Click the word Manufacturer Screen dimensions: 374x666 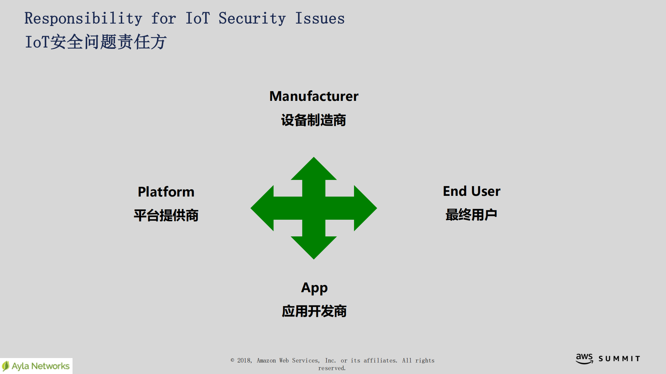pyautogui.click(x=314, y=96)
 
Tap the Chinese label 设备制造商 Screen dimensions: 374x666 pyautogui.click(x=313, y=120)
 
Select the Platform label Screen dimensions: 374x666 pyautogui.click(x=166, y=192)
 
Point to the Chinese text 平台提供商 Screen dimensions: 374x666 pyautogui.click(x=166, y=216)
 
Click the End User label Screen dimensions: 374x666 pyautogui.click(x=471, y=191)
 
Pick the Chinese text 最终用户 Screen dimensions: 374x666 pyautogui.click(x=471, y=215)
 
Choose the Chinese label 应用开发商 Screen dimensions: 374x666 pyautogui.click(x=314, y=311)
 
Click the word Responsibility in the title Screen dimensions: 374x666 pyautogui.click(x=83, y=19)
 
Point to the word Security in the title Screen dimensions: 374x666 pyautogui.click(x=252, y=19)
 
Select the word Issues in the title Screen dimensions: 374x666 pyautogui.click(x=320, y=19)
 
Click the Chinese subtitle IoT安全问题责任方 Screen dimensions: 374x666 pyautogui.click(x=96, y=42)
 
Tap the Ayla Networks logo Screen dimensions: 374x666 pyautogui.click(x=36, y=366)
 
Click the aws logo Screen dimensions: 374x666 pyautogui.click(x=584, y=359)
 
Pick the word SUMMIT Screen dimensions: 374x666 pyautogui.click(x=619, y=359)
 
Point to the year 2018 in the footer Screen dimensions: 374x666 pyautogui.click(x=244, y=361)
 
